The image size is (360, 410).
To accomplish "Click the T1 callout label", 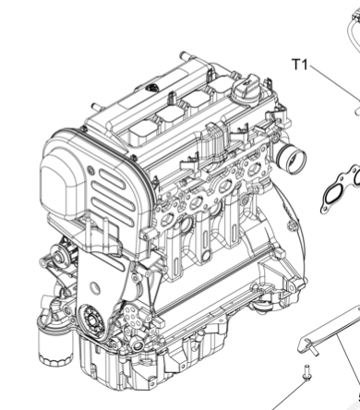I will pos(299,65).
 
